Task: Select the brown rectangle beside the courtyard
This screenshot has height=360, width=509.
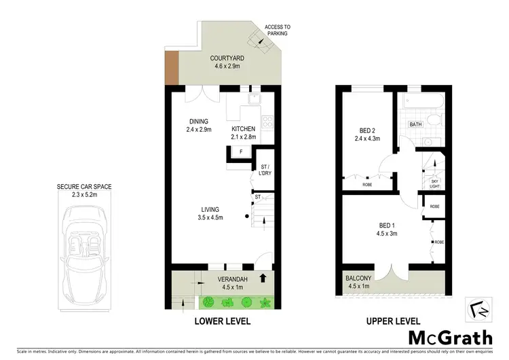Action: point(171,69)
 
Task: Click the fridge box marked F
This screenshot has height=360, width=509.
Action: point(241,151)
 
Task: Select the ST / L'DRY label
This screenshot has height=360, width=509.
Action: point(264,170)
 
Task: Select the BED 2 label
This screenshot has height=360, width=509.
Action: point(369,134)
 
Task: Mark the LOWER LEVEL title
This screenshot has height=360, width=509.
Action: point(224,321)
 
